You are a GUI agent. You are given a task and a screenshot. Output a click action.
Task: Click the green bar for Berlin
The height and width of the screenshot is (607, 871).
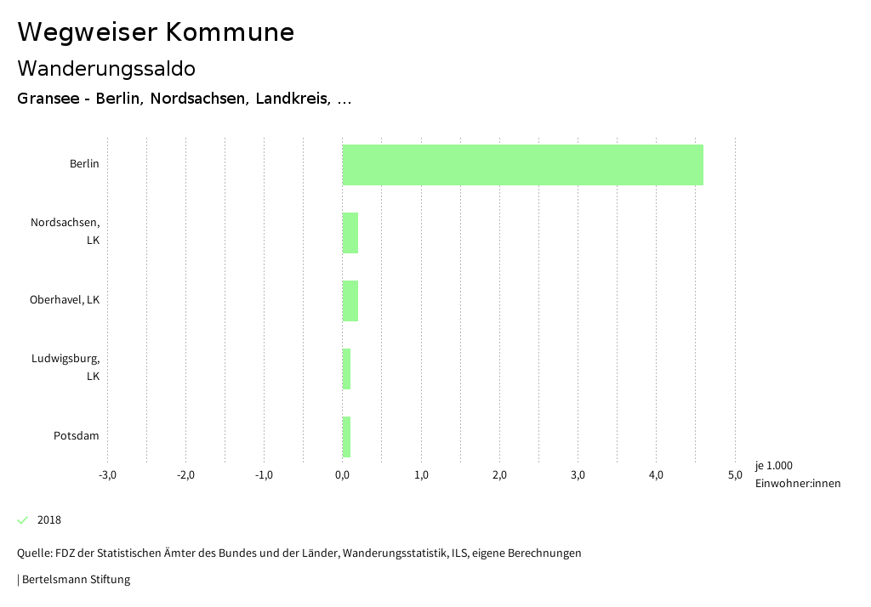[x=522, y=165]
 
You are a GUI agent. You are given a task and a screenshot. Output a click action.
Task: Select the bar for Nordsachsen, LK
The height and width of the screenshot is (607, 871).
[x=350, y=233]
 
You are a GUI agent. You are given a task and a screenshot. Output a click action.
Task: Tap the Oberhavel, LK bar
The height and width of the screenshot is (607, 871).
[x=350, y=301]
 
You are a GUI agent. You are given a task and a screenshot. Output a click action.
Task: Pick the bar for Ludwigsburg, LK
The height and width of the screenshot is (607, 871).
[x=346, y=369]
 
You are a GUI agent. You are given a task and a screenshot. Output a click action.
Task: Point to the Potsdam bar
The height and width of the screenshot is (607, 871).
[x=346, y=437]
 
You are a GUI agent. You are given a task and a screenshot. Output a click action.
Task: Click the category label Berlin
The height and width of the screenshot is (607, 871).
[x=84, y=164]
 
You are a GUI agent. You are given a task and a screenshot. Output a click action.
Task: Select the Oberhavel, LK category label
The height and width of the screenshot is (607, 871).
[x=65, y=300]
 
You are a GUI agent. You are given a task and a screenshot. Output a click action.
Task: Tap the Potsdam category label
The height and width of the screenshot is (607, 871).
[x=77, y=436]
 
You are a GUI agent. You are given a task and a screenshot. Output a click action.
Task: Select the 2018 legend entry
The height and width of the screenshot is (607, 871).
[x=49, y=520]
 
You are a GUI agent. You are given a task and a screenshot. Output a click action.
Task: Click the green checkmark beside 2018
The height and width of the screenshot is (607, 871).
[x=23, y=520]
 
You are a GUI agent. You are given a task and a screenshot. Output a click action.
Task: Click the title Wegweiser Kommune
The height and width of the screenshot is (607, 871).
[x=156, y=32]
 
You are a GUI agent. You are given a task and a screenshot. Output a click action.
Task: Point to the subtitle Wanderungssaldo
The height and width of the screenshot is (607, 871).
[x=106, y=68]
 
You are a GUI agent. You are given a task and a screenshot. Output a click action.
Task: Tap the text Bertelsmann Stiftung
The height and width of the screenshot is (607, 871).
[x=76, y=580]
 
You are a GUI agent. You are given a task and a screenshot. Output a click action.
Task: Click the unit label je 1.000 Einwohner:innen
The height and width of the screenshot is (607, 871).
[x=797, y=474]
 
